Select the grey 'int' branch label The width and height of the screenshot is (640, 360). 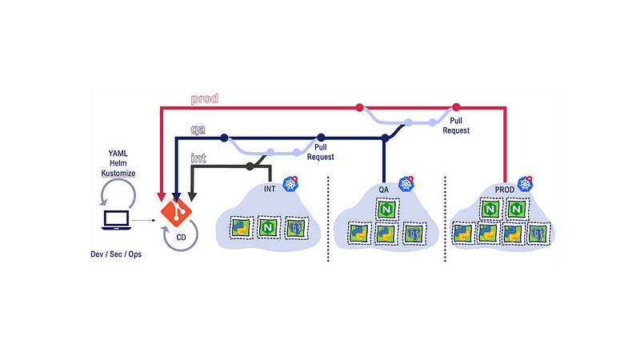pyautogui.click(x=198, y=158)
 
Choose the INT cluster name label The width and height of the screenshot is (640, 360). pyautogui.click(x=272, y=190)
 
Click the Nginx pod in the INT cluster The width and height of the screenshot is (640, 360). pyautogui.click(x=267, y=227)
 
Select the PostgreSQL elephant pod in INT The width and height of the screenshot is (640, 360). pyautogui.click(x=296, y=227)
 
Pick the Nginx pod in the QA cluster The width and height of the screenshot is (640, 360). pyautogui.click(x=387, y=210)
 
